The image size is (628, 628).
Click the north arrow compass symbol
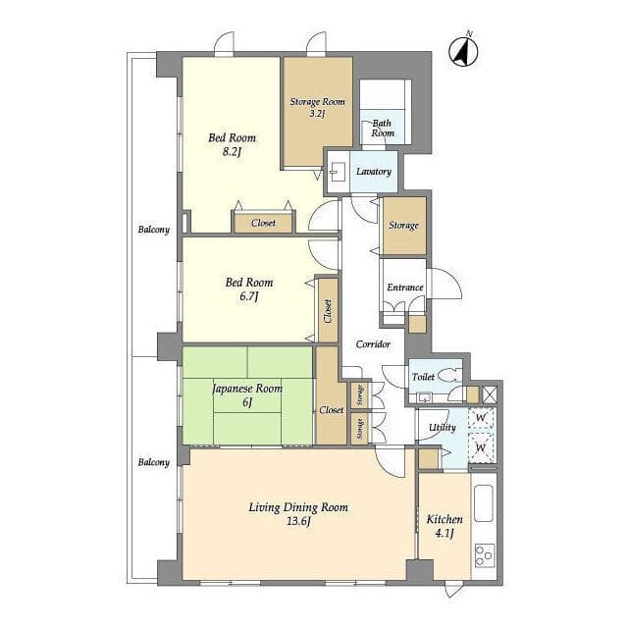(x=463, y=51)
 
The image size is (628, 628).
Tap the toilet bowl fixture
(x=449, y=376)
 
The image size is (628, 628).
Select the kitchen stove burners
(x=485, y=555)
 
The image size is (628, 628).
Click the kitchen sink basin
(x=484, y=503)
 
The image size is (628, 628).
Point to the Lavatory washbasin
(x=336, y=172)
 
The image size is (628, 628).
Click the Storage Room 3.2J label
(x=318, y=107)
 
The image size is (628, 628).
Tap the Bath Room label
(x=382, y=129)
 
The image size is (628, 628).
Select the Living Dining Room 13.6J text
(x=298, y=514)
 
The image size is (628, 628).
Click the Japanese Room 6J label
(x=247, y=394)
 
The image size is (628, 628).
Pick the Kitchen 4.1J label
(x=445, y=526)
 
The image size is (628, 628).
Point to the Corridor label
(x=373, y=344)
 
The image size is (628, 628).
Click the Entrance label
(x=405, y=288)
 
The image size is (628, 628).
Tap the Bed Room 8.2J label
(x=232, y=144)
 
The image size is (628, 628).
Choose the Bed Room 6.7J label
(x=248, y=289)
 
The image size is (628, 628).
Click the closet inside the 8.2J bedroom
(x=263, y=223)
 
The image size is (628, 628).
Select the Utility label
(x=443, y=428)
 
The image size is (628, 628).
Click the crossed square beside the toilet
(x=490, y=394)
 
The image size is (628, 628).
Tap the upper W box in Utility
(x=481, y=418)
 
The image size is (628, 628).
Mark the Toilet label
(x=423, y=377)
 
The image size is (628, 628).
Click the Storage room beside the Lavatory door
(x=404, y=226)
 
